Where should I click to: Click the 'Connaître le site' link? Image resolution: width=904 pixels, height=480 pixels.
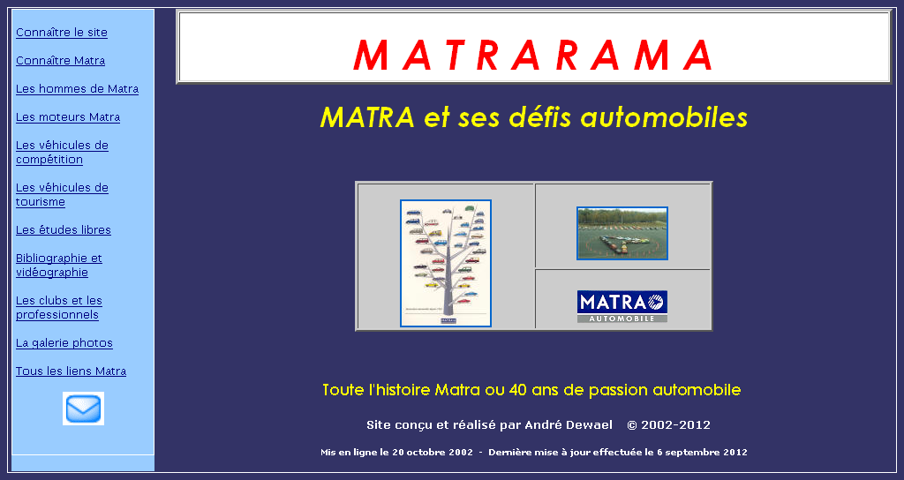tap(62, 33)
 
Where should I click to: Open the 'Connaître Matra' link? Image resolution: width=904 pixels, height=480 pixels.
tap(61, 61)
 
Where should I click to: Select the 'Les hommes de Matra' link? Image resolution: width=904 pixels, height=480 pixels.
tap(78, 89)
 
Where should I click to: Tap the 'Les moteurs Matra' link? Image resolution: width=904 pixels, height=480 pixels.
tap(68, 117)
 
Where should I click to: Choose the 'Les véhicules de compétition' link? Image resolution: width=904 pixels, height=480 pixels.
tap(63, 152)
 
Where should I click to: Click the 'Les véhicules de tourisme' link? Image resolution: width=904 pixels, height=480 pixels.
tap(63, 195)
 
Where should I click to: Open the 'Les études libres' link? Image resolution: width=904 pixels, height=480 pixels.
tap(64, 230)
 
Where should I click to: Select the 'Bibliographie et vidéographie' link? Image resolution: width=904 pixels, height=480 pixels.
tap(59, 265)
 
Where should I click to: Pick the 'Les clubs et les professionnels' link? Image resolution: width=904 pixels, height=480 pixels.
tap(59, 308)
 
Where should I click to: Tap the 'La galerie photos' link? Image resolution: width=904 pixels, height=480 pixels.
tap(64, 343)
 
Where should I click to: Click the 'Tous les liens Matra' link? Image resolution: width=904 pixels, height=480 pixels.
tap(71, 371)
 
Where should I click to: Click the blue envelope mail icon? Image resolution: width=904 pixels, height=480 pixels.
tap(84, 409)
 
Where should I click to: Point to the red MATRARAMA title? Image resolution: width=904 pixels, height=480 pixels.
tap(533, 56)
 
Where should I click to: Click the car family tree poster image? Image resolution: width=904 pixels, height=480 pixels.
tap(446, 263)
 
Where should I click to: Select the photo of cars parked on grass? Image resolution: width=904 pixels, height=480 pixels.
tap(622, 233)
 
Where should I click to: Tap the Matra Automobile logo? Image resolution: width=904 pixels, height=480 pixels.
tap(622, 306)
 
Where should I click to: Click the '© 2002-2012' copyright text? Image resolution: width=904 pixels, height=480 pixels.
tap(669, 425)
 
